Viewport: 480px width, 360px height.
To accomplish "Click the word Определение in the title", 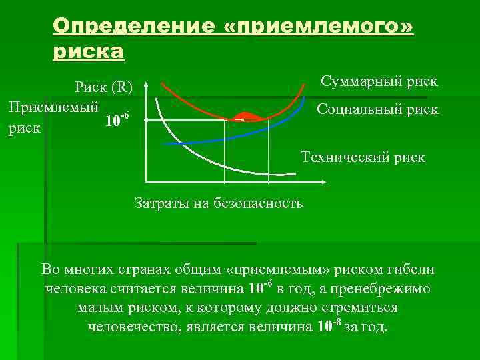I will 133,27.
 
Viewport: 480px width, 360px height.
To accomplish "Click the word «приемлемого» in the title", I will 319,27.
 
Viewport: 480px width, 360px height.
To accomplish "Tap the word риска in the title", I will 88,52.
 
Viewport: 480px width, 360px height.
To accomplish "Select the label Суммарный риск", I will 379,81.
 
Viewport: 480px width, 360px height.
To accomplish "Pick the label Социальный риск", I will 377,109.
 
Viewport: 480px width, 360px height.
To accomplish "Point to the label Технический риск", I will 362,157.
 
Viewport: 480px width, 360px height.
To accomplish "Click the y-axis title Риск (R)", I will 103,87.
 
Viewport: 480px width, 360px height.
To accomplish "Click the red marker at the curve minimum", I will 245,117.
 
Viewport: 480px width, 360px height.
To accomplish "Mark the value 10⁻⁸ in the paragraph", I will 328,327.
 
